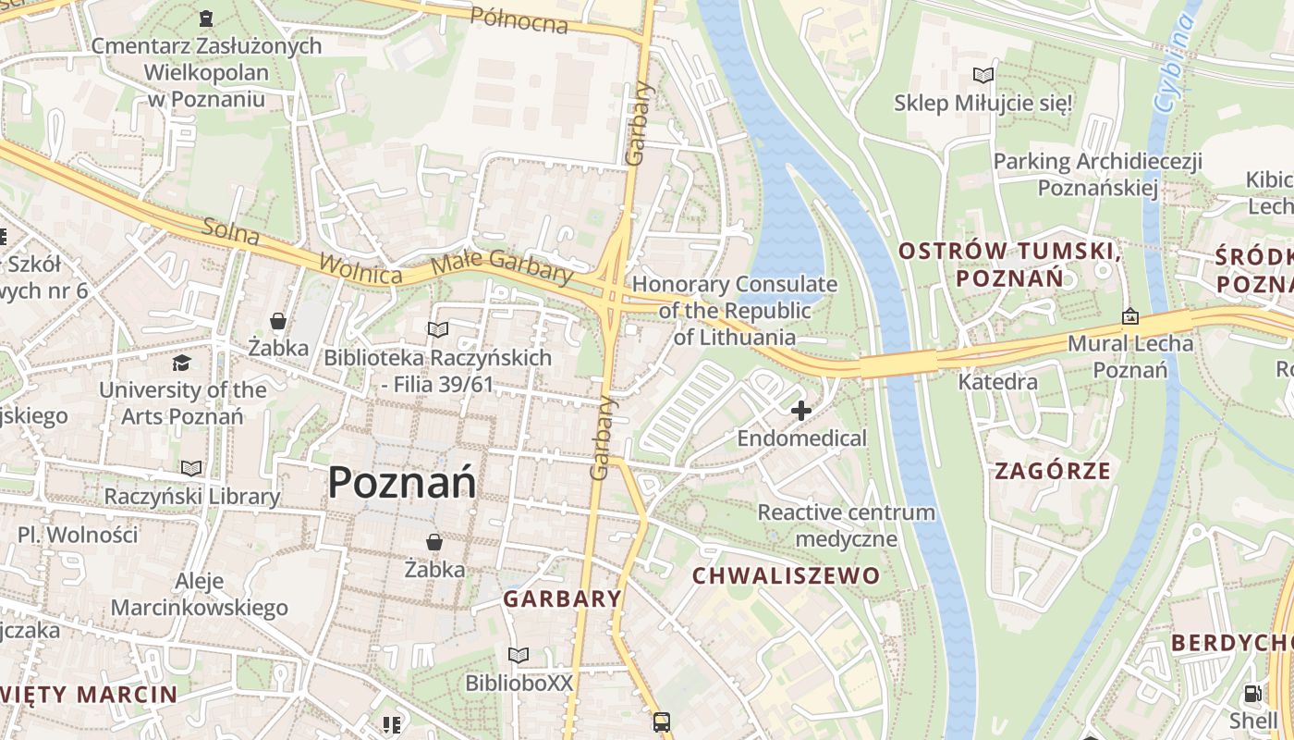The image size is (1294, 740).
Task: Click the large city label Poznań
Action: pyautogui.click(x=402, y=483)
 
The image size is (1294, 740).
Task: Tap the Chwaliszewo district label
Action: pyautogui.click(x=787, y=576)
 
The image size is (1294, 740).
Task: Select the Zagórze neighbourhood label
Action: pyautogui.click(x=1053, y=471)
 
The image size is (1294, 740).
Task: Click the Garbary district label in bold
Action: pyautogui.click(x=562, y=598)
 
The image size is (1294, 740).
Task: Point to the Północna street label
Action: pyautogui.click(x=519, y=19)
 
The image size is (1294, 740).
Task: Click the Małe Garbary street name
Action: pyautogui.click(x=503, y=265)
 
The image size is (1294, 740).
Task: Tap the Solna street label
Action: pyautogui.click(x=230, y=232)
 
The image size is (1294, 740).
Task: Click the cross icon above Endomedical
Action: pyautogui.click(x=801, y=410)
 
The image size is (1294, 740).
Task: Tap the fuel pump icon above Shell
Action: pyautogui.click(x=1253, y=692)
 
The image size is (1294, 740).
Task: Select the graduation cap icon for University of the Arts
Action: pyautogui.click(x=182, y=363)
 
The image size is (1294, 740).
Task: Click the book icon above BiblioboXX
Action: pyautogui.click(x=519, y=655)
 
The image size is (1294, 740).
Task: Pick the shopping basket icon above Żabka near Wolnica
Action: pyautogui.click(x=277, y=321)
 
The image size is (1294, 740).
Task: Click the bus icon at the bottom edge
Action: pyautogui.click(x=662, y=721)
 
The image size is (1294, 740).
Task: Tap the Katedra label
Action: pyautogui.click(x=997, y=381)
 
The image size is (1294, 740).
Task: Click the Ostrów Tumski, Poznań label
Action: pyautogui.click(x=1010, y=264)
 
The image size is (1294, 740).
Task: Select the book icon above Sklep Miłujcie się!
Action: pyautogui.click(x=983, y=75)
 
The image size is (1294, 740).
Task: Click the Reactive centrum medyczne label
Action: pyautogui.click(x=846, y=525)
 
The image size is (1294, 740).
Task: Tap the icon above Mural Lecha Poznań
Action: pyautogui.click(x=1129, y=317)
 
